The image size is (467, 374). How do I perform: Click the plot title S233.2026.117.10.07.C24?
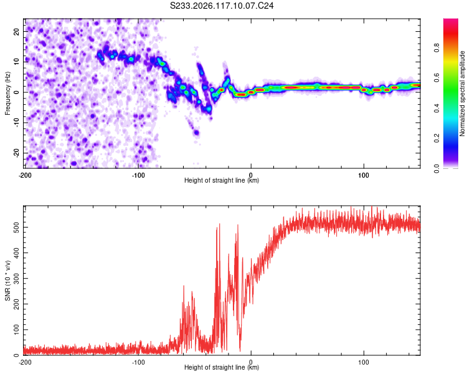coord(222,6)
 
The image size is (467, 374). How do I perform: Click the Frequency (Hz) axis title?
coord(7,93)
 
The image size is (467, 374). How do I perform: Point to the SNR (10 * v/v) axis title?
coord(7,280)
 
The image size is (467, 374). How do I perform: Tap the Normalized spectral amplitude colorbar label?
coord(462,93)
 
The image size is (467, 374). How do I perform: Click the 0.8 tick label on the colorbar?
coord(436,47)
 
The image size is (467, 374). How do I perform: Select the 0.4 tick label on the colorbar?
coord(436,108)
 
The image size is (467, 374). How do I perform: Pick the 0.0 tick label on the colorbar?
coord(436,169)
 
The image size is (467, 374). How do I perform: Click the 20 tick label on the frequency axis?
coord(16,31)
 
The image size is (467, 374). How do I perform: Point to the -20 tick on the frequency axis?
coord(16,153)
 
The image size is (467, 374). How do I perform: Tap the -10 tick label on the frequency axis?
coord(16,123)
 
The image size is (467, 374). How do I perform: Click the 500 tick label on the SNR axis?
coord(16,228)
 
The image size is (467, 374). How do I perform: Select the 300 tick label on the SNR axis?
coord(16,279)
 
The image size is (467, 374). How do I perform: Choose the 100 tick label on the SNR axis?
coord(16,330)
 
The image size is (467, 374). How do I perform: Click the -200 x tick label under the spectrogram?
coord(25,175)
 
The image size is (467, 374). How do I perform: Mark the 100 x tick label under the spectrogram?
coord(364,175)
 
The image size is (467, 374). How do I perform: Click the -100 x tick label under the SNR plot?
coord(138,362)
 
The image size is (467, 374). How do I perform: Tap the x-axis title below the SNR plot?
coord(222,367)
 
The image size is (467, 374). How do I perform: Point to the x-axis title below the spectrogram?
coord(222,180)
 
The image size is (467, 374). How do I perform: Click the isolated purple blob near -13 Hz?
coord(196,132)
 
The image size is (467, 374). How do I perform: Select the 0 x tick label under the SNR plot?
coord(251,362)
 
